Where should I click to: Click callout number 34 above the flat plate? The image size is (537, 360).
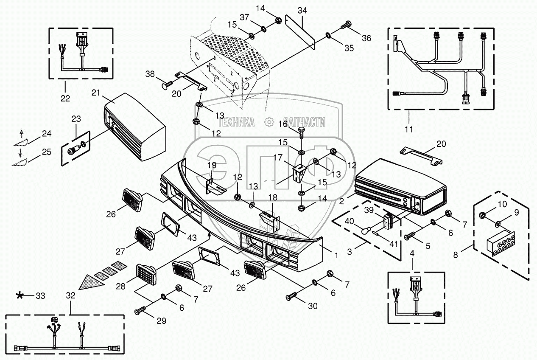[x=302, y=11]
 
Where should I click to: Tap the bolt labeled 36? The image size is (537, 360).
[x=346, y=25]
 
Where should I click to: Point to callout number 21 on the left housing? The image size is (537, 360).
[x=96, y=93]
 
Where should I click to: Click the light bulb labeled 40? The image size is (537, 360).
[x=365, y=232]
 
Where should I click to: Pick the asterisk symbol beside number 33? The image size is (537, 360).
[x=20, y=295]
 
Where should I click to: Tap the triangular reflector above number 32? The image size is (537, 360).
[x=92, y=282]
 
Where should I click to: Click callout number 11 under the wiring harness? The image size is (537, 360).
[x=409, y=129]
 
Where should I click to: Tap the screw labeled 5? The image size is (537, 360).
[x=410, y=236]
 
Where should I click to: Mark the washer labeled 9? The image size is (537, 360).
[x=498, y=225]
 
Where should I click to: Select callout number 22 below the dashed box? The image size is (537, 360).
[x=65, y=98]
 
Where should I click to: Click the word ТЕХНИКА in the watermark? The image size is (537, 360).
[x=236, y=122]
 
